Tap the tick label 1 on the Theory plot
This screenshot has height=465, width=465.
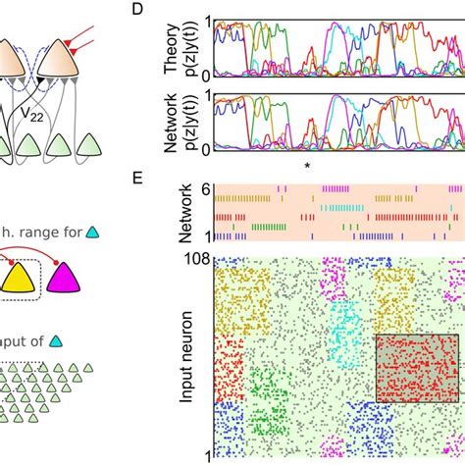208,18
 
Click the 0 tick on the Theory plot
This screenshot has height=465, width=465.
208,75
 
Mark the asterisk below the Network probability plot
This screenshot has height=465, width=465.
308,166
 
